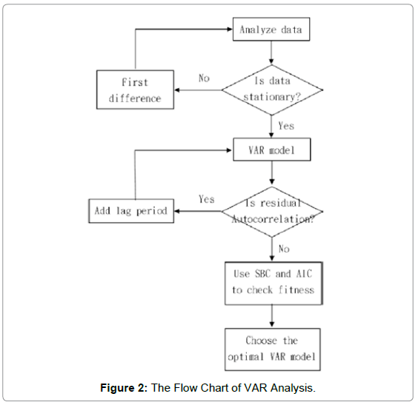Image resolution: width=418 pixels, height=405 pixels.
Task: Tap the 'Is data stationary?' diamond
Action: [272, 90]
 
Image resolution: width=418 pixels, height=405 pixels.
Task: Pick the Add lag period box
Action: [130, 210]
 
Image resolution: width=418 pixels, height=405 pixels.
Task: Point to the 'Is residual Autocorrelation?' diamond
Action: [272, 210]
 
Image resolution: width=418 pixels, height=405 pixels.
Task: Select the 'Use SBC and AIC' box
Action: [272, 281]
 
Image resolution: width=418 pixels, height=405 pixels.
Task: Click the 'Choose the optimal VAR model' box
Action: [272, 349]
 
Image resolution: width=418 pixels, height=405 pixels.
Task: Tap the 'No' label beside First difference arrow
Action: [205, 78]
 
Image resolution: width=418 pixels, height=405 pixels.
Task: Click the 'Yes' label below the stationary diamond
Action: [287, 126]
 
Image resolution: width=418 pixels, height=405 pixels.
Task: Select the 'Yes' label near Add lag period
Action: [207, 198]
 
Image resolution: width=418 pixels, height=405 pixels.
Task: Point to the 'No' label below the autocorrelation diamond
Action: [285, 249]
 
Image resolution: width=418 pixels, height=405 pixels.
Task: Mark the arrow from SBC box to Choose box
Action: [272, 315]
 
